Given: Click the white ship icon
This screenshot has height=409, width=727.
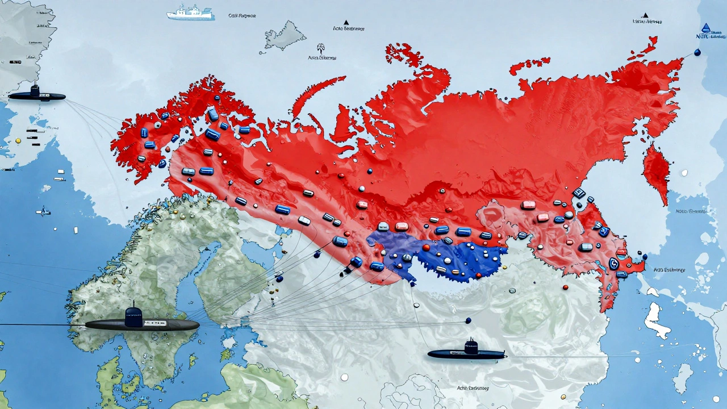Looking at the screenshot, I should [x=191, y=12].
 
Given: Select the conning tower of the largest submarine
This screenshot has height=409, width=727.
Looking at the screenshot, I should [x=133, y=316].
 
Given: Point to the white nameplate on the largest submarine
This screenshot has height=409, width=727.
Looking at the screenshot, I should [x=154, y=323].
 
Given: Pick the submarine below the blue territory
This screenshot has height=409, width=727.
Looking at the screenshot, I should [x=467, y=352].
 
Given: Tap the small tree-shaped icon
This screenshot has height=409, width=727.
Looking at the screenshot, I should [x=321, y=48].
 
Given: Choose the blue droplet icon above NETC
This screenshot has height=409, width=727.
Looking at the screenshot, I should [x=706, y=28].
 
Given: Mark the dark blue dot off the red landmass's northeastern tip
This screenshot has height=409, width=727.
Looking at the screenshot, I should [x=697, y=52].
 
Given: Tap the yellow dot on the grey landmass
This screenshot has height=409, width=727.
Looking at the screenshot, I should [x=18, y=140].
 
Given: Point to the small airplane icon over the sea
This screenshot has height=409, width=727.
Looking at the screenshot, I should [x=43, y=212].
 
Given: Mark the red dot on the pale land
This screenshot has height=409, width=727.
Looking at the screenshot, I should [x=565, y=287].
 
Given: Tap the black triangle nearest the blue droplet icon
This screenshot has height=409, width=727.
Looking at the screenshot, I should [x=645, y=15].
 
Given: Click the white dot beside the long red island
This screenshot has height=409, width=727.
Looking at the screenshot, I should [x=684, y=172].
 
